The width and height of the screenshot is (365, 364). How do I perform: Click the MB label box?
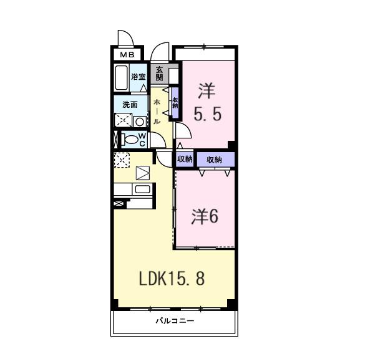(x=127, y=55)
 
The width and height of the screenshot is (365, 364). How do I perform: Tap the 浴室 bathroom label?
(x=139, y=77)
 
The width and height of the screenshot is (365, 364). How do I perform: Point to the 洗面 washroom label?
(x=130, y=105)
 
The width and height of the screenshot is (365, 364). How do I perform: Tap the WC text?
(x=142, y=138)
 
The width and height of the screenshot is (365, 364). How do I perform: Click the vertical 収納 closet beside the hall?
(x=175, y=103)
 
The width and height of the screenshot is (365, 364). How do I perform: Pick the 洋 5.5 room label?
(x=207, y=103)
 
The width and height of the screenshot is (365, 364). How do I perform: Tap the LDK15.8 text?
(x=170, y=279)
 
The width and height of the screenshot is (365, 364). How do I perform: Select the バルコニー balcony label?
(x=175, y=322)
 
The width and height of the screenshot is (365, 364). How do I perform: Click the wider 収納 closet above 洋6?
(x=215, y=160)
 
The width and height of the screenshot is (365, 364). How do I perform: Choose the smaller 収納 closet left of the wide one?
(x=185, y=160)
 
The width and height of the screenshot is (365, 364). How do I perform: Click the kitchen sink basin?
(x=142, y=189)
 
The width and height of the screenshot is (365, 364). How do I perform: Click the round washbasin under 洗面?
(x=140, y=121)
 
